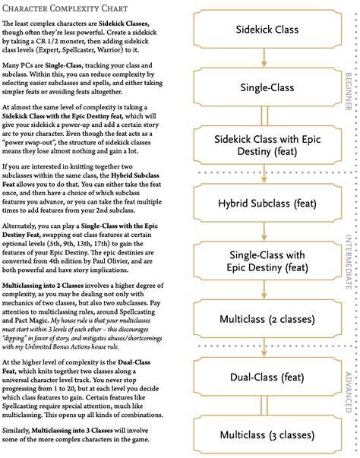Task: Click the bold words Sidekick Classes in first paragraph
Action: point(147,26)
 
